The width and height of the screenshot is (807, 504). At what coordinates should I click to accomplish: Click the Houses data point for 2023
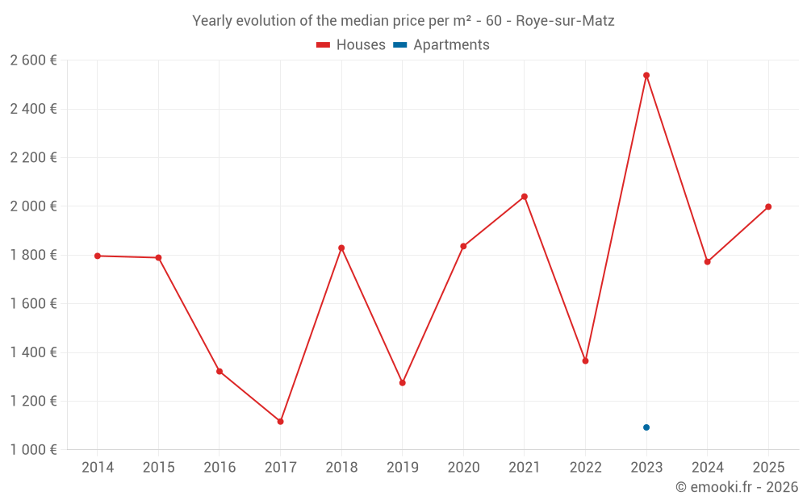[646, 76]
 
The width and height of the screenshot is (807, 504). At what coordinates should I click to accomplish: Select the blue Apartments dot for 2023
[646, 427]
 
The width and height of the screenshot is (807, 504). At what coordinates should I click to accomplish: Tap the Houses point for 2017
[280, 422]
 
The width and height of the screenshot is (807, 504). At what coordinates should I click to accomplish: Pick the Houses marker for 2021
[525, 197]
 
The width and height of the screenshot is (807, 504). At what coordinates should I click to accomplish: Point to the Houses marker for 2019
[403, 383]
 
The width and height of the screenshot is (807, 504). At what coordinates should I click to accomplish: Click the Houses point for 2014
[98, 256]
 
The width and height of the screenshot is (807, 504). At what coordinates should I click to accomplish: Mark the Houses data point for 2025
[768, 206]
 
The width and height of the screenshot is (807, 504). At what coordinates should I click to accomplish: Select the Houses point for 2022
[585, 360]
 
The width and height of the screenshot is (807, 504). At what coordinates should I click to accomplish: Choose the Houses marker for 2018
[341, 248]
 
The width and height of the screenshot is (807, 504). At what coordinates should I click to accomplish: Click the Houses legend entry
[351, 45]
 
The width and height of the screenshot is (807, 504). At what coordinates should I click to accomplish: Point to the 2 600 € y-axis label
[33, 60]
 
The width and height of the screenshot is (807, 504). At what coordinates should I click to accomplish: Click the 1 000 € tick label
[33, 450]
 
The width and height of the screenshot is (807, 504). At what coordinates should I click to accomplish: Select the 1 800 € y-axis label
[33, 255]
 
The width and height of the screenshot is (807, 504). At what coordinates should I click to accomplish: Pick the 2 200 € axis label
[33, 157]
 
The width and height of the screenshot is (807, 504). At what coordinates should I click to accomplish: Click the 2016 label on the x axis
[220, 468]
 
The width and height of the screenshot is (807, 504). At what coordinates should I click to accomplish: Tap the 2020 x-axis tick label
[463, 468]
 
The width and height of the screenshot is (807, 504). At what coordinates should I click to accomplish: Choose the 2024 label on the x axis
[707, 468]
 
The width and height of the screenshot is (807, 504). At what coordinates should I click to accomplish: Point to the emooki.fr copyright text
[736, 487]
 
